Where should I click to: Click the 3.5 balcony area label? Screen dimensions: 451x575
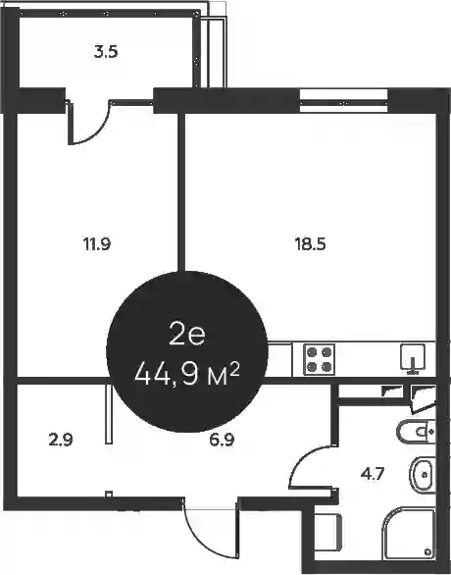106,52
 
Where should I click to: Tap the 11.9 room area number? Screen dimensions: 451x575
97,244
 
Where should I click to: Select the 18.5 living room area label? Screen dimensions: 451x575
311,244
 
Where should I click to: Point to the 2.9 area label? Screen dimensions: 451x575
61,440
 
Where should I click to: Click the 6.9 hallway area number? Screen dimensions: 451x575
222,440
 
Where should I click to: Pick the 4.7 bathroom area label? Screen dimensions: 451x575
373,475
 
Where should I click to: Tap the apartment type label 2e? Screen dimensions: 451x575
187,336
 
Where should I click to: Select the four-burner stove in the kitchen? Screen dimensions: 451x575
319,359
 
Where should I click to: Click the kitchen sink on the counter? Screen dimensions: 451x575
413,357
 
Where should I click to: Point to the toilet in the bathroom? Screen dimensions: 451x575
416,433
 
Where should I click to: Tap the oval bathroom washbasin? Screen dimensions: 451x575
422,475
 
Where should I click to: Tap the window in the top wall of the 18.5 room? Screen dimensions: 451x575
343,101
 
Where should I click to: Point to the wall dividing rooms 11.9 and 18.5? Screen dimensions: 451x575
181,191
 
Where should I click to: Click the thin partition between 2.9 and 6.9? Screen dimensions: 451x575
109,414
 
